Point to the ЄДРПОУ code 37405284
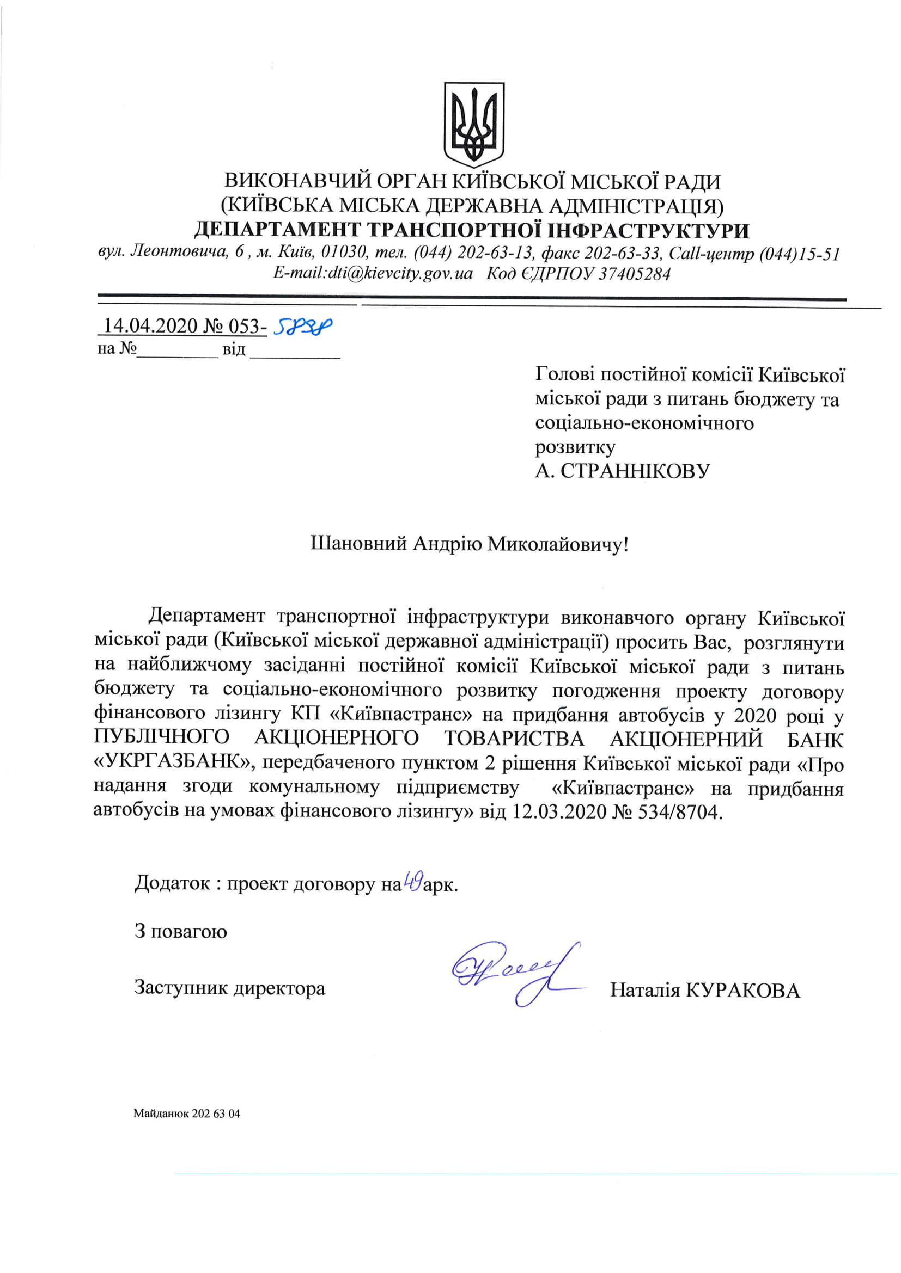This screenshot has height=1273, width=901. coord(635,273)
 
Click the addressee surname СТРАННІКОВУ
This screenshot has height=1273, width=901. coord(635,471)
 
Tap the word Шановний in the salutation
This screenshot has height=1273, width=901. coord(358,544)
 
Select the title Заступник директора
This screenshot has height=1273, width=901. coord(230,988)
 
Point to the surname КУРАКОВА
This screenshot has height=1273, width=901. coord(743,990)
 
